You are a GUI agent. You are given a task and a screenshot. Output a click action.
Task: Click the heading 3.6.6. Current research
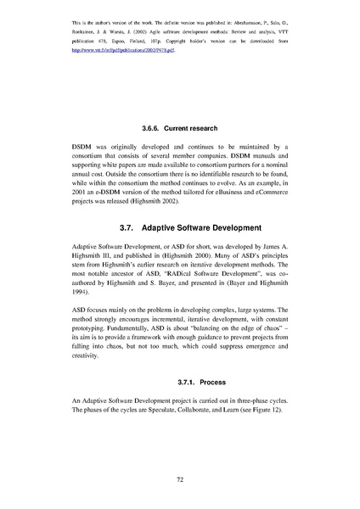(x=180, y=128)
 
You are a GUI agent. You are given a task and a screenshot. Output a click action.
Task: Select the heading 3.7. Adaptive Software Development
(x=180, y=228)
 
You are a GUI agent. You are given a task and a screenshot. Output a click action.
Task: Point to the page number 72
(x=180, y=479)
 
